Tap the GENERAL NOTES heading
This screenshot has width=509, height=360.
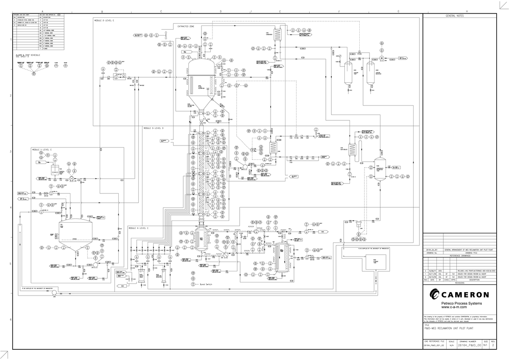pos(455,16)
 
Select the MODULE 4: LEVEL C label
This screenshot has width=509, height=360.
pos(139,228)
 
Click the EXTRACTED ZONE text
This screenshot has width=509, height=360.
pos(186,27)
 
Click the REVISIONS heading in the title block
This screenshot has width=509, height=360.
pos(459,283)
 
